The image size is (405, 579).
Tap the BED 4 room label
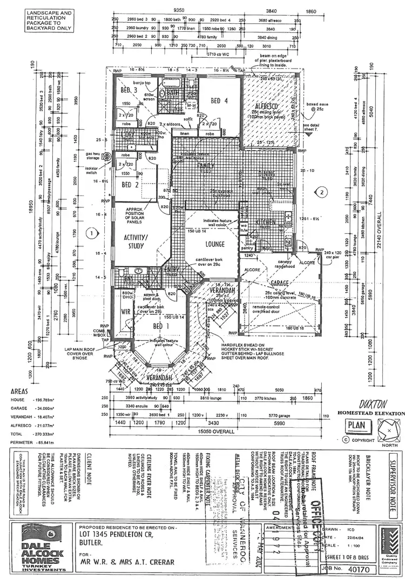tap(219, 100)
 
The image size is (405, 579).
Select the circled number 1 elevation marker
tap(92, 233)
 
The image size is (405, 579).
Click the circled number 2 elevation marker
tap(322, 191)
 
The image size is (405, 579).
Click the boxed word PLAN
tap(357, 425)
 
